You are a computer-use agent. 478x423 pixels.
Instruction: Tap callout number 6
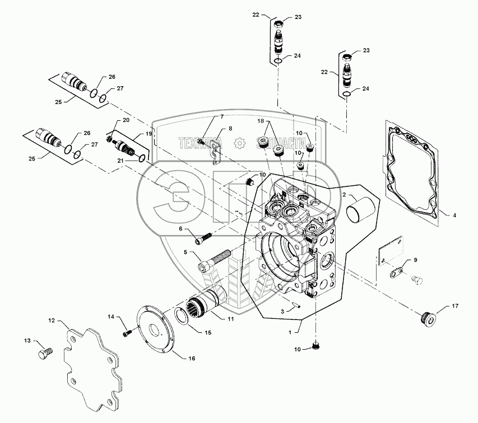point(180,229)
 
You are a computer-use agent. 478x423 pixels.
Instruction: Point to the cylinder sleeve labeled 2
point(359,211)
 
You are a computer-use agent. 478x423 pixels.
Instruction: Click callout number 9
point(415,260)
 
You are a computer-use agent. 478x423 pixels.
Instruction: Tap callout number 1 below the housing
point(290,332)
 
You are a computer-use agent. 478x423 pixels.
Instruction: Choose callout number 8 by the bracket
point(229,129)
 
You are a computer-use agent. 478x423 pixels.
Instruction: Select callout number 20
point(126,121)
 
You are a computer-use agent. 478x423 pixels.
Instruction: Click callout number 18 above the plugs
point(260,121)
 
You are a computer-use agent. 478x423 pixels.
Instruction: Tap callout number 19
point(148,134)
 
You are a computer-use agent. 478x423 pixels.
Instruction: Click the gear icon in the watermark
point(239,143)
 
